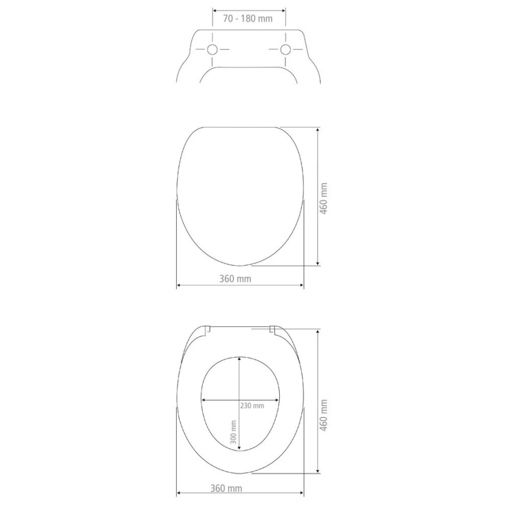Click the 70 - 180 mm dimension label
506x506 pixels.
point(248,18)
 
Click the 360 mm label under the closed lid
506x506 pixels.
point(235,279)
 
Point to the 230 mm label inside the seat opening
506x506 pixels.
point(252,406)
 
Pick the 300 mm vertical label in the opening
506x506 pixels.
point(233,434)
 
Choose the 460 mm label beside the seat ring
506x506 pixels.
point(325,414)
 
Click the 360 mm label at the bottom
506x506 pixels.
point(226,488)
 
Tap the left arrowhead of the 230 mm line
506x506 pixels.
point(203,400)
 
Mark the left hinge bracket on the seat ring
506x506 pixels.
point(207,331)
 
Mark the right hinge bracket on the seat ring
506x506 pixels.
point(272,331)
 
